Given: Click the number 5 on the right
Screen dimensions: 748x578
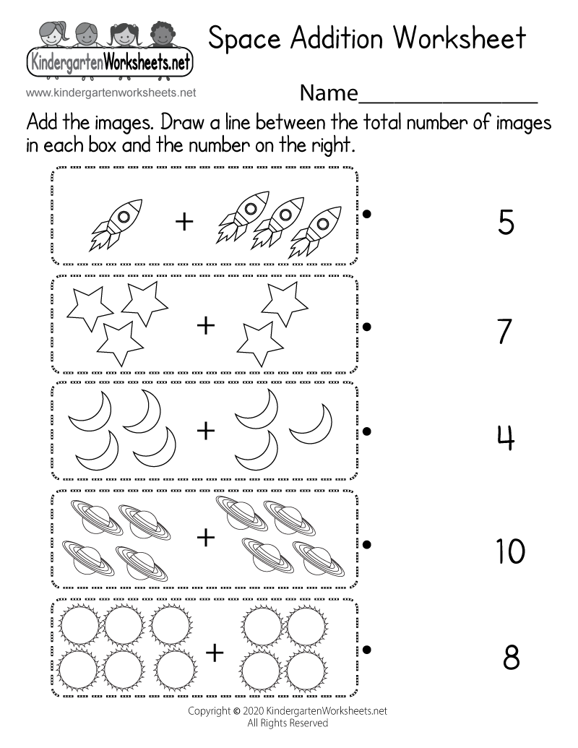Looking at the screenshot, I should pyautogui.click(x=506, y=222).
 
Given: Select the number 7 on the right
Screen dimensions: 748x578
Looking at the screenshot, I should pyautogui.click(x=505, y=332).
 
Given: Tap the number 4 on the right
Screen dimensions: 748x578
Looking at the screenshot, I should pyautogui.click(x=505, y=437).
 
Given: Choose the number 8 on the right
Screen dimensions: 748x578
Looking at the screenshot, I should pyautogui.click(x=511, y=658).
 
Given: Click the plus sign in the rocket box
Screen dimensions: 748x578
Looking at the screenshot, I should pyautogui.click(x=185, y=222).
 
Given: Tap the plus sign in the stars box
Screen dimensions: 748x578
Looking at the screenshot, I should pyautogui.click(x=207, y=326).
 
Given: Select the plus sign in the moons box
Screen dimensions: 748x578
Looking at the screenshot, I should pyautogui.click(x=207, y=431).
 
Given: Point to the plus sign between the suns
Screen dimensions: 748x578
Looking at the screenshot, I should pyautogui.click(x=215, y=653).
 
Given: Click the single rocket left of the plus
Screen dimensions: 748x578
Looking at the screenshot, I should pyautogui.click(x=116, y=224).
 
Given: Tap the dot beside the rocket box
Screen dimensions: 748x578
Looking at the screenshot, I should pyautogui.click(x=368, y=214).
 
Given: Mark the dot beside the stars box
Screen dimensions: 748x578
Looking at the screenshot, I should pyautogui.click(x=368, y=327).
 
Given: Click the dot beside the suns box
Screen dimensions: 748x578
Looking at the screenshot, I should pyautogui.click(x=368, y=650).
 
